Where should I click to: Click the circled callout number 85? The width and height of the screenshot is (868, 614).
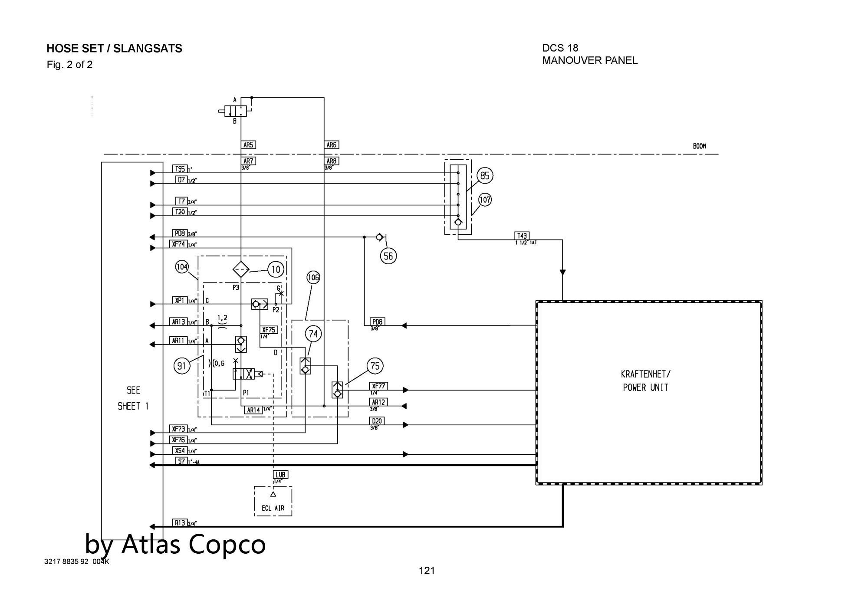(485, 176)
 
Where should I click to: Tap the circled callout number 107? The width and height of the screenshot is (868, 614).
(485, 200)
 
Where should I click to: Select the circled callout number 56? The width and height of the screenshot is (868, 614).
(388, 256)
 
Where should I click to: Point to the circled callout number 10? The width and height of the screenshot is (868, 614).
(276, 269)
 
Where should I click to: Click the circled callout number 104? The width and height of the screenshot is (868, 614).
(182, 266)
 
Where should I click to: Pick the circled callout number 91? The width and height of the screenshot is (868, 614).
(182, 366)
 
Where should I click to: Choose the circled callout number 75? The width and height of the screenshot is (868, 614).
(375, 366)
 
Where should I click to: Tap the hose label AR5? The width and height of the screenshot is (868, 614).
(248, 145)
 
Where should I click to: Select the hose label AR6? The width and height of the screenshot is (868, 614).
(332, 145)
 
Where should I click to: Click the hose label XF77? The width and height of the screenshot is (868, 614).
(378, 386)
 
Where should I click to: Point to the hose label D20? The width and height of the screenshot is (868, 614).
(377, 421)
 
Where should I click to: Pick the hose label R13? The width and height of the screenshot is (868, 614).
(180, 523)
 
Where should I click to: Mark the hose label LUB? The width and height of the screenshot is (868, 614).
(281, 475)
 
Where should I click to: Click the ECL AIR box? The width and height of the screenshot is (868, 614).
(273, 502)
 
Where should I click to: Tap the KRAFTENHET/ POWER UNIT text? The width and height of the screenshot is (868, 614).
(645, 381)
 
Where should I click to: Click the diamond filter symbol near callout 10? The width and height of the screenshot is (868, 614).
(240, 269)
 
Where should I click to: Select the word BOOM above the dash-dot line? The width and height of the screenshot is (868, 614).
(699, 146)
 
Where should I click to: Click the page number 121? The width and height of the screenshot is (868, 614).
(427, 571)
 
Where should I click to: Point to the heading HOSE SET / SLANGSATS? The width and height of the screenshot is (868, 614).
(114, 49)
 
